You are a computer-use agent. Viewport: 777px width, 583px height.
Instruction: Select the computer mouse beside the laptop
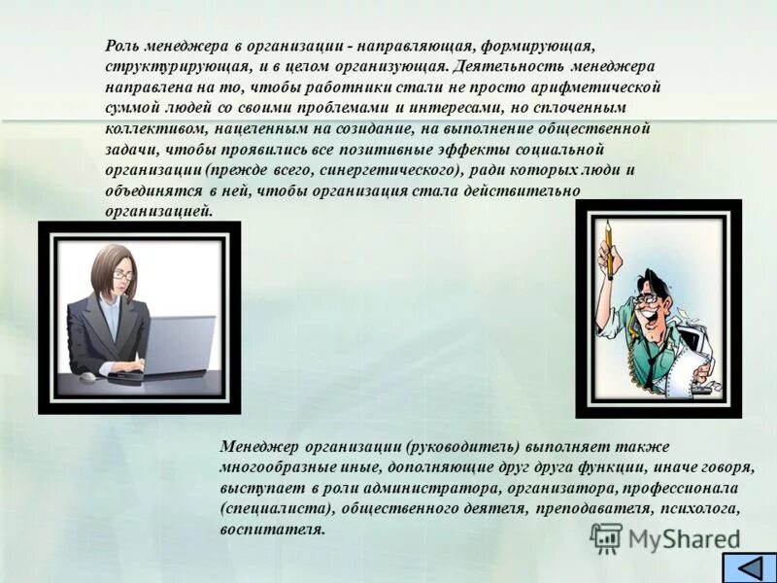tap(88, 375)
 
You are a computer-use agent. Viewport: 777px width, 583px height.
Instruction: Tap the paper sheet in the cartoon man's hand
tap(693, 365)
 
